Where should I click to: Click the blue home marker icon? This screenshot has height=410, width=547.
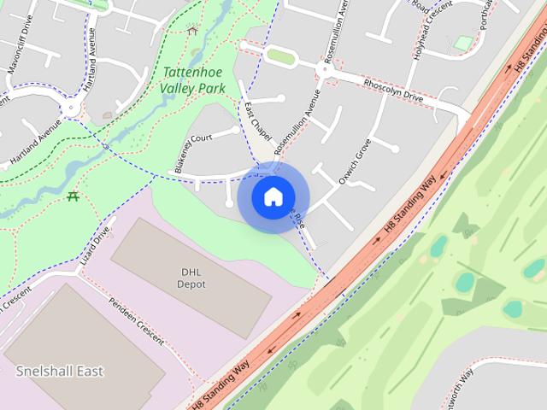273,196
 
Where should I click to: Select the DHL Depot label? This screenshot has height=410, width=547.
191,278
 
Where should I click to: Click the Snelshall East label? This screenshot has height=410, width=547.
60,372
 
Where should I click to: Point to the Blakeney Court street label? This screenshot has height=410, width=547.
192,154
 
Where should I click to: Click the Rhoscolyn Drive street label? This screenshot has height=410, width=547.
393,91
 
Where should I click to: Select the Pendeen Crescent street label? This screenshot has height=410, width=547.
137,320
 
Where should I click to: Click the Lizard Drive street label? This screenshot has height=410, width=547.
97,244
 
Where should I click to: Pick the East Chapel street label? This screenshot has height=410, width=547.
257,122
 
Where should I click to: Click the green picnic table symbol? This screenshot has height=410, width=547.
73,196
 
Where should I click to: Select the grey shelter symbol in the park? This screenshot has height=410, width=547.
191,30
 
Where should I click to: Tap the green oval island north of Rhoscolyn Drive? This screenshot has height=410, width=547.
279,56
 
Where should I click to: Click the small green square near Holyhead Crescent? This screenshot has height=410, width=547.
463,43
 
